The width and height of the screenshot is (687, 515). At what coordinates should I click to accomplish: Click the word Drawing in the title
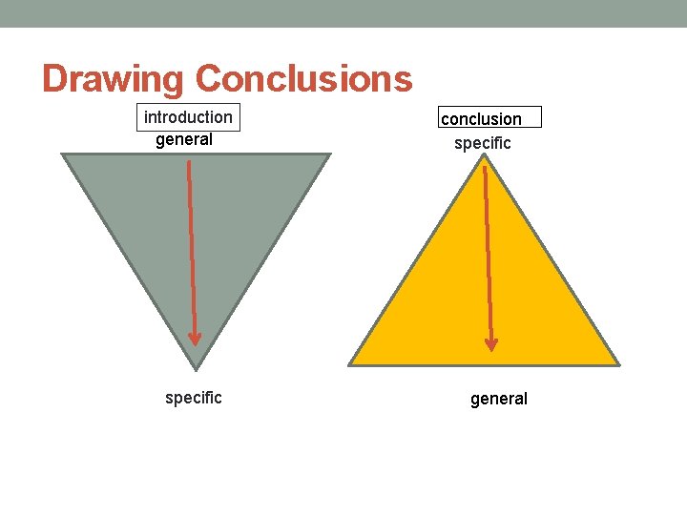click(114, 79)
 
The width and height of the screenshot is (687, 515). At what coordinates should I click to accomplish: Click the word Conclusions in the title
click(304, 78)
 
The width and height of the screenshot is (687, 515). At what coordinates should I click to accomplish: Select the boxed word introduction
click(188, 117)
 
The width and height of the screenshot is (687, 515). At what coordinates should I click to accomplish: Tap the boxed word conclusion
click(481, 119)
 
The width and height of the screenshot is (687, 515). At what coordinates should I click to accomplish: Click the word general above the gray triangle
click(184, 139)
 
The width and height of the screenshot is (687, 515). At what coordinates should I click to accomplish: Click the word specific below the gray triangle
click(194, 398)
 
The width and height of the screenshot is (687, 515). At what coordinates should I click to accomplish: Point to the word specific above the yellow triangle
click(483, 143)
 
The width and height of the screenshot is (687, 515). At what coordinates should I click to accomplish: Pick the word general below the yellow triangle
click(499, 399)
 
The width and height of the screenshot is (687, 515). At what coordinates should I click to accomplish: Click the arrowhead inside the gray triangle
click(195, 338)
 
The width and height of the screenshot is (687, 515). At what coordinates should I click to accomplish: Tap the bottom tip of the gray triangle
click(197, 368)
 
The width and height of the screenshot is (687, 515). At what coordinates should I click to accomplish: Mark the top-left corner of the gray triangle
click(64, 154)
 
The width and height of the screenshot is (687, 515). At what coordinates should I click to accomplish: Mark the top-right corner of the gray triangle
click(329, 154)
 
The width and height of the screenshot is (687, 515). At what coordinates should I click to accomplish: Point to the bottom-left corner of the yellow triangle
click(350, 364)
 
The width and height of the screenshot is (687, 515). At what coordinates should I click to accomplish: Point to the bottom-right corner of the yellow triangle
click(618, 364)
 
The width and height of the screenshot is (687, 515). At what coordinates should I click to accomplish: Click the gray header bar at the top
click(343, 13)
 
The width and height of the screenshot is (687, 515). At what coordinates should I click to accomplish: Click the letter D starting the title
click(54, 79)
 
